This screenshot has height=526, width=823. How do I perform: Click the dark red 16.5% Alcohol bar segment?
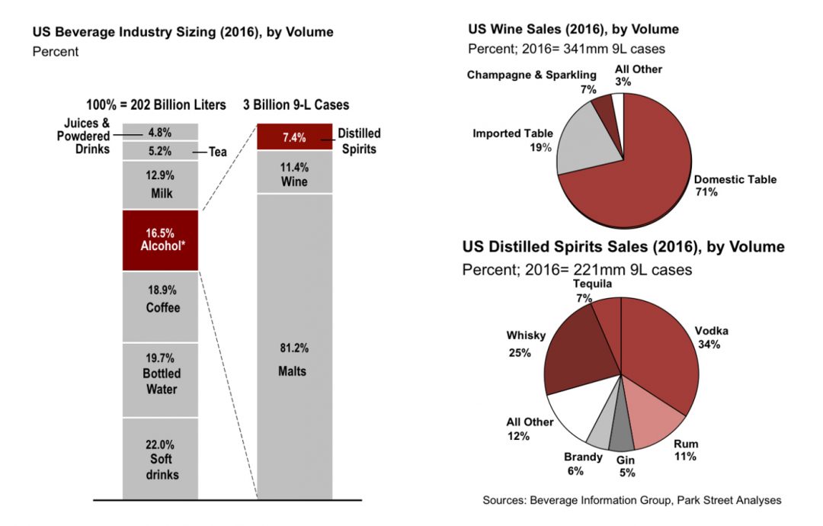160,239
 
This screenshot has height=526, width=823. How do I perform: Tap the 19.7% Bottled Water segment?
160,380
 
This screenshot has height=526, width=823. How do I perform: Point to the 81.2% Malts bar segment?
294,358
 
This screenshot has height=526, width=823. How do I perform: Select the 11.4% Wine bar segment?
294,172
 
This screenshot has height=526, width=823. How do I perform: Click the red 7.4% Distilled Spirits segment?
294,137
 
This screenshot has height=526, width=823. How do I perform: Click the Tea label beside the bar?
218,152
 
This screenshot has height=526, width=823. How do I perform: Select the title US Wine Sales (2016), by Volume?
572,30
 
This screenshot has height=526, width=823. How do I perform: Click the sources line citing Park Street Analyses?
632,500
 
